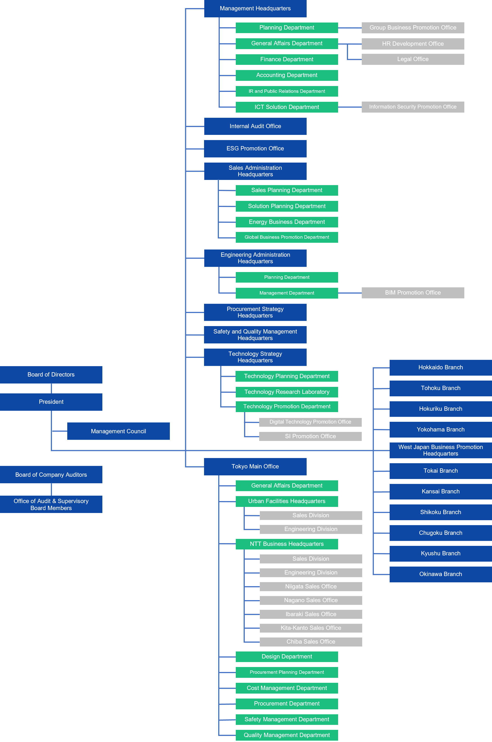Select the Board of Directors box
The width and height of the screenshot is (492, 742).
click(x=51, y=375)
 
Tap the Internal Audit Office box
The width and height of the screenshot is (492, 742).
click(x=255, y=126)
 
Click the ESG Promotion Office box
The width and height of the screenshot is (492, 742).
click(x=255, y=149)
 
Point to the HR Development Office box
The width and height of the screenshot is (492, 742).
click(x=413, y=44)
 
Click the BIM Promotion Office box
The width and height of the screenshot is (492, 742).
click(x=413, y=293)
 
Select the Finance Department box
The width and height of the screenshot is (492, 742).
click(x=287, y=59)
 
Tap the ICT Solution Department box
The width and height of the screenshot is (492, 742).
click(x=287, y=107)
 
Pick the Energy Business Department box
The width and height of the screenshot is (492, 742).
click(x=287, y=222)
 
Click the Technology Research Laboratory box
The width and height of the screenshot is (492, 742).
click(x=287, y=392)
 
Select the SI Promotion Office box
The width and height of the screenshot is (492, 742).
click(x=310, y=436)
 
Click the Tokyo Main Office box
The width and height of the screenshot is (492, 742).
click(x=255, y=467)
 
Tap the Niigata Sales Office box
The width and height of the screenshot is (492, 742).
click(x=311, y=587)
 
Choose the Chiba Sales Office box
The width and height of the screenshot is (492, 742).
click(x=311, y=642)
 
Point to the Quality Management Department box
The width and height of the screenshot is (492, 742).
click(x=287, y=735)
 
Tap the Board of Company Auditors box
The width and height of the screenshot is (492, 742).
click(x=51, y=474)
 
